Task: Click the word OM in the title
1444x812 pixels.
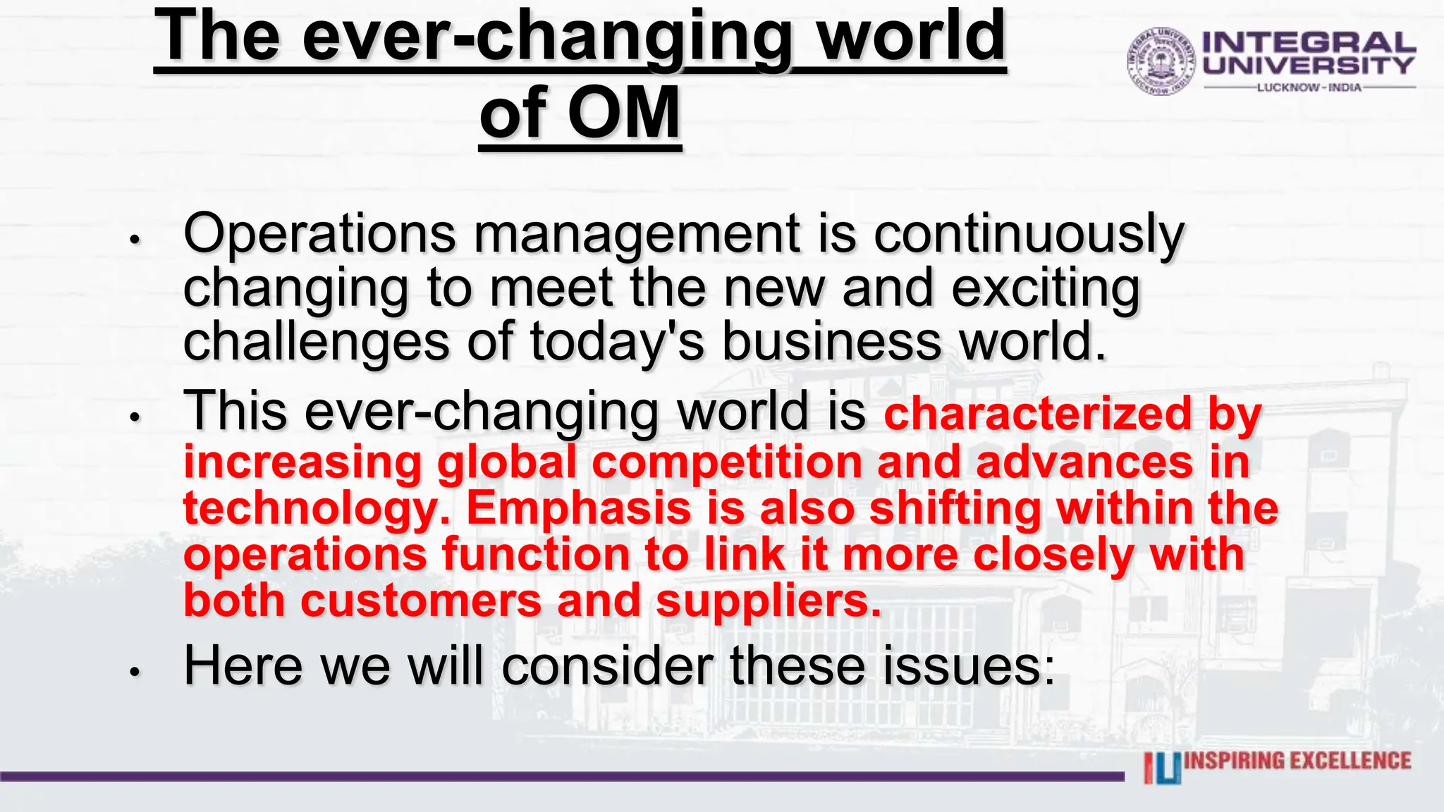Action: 624,113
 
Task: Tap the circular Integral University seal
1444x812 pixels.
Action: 1161,62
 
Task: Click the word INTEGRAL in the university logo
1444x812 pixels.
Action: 1309,43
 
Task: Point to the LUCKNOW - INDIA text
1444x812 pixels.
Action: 1309,87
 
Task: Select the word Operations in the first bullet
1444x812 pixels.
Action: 319,234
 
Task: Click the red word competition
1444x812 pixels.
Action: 726,462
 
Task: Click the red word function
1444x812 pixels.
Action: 536,555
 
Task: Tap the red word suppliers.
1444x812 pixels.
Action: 769,602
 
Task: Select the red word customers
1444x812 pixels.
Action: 421,602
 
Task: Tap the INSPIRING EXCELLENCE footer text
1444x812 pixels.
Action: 1297,761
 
